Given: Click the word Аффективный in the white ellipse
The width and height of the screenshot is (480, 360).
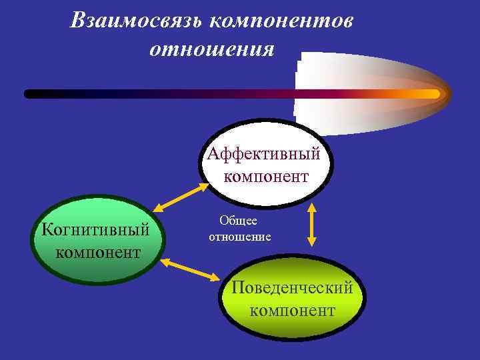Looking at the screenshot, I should click(264, 154).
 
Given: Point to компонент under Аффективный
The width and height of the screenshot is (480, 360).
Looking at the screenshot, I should click(266, 177).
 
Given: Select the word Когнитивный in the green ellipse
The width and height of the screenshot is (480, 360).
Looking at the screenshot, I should click(95, 230).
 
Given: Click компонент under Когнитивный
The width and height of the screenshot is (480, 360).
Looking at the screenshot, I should click(98, 253).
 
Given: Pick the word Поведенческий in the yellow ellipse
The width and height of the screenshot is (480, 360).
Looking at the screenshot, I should click(292, 288).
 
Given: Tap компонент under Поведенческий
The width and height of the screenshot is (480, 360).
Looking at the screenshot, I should click(293, 311).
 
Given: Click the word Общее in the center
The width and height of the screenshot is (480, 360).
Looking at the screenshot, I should click(239, 221).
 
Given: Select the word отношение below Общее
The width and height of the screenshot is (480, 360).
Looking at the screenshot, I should click(240, 237).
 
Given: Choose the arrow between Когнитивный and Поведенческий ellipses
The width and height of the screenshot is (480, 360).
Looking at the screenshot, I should click(189, 269).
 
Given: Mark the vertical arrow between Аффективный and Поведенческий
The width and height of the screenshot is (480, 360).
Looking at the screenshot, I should click(311, 225).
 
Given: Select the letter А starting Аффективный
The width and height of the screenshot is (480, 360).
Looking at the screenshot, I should click(213, 154).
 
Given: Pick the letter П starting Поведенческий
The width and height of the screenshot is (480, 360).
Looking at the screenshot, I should click(237, 288).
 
